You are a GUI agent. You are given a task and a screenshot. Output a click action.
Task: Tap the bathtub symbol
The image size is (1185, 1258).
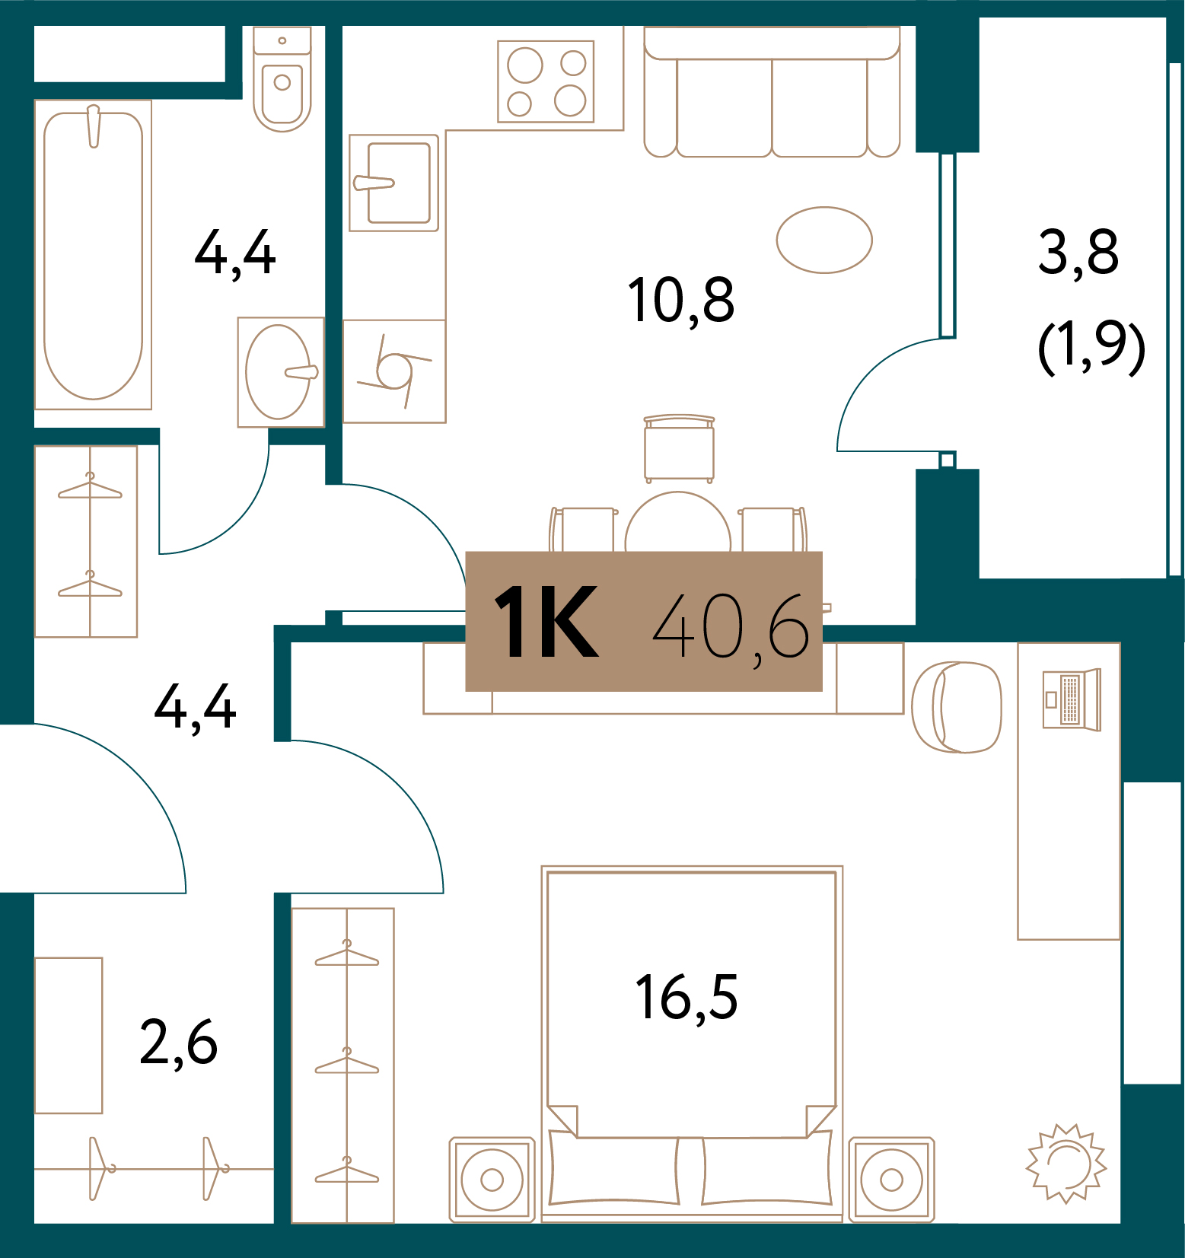pyautogui.click(x=93, y=255)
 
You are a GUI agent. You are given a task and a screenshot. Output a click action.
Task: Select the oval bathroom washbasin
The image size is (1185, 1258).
pyautogui.click(x=279, y=372)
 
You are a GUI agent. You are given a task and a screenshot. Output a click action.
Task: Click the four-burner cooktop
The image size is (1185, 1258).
pyautogui.click(x=546, y=81)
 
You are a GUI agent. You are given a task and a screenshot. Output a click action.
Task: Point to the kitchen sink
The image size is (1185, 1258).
pyautogui.click(x=394, y=183)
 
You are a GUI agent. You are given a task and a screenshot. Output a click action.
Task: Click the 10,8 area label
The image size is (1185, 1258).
pyautogui.click(x=680, y=301)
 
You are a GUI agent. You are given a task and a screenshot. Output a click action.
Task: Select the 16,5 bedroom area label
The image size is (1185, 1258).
pyautogui.click(x=686, y=998)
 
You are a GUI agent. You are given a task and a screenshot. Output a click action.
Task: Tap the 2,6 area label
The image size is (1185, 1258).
pyautogui.click(x=179, y=1043)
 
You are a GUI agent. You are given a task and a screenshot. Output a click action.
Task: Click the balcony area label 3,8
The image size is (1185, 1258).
pyautogui.click(x=1078, y=253)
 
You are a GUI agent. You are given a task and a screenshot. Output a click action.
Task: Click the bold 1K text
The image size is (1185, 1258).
pyautogui.click(x=546, y=622)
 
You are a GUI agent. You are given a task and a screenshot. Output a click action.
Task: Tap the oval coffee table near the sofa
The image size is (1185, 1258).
pyautogui.click(x=824, y=240)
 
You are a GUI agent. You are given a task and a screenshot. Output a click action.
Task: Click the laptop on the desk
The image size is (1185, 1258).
pyautogui.click(x=1071, y=699)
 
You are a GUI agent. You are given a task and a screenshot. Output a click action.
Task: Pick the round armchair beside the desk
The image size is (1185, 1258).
pyautogui.click(x=957, y=707)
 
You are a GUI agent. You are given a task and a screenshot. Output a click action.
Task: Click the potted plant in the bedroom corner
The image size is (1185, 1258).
pyautogui.click(x=1066, y=1163)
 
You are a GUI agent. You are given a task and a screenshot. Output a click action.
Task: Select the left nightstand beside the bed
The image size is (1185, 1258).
pyautogui.click(x=492, y=1179)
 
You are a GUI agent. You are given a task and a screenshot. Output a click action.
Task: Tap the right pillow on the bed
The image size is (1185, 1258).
pyautogui.click(x=766, y=1170)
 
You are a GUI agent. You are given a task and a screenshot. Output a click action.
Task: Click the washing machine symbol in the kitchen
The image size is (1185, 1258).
pyautogui.click(x=394, y=371)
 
